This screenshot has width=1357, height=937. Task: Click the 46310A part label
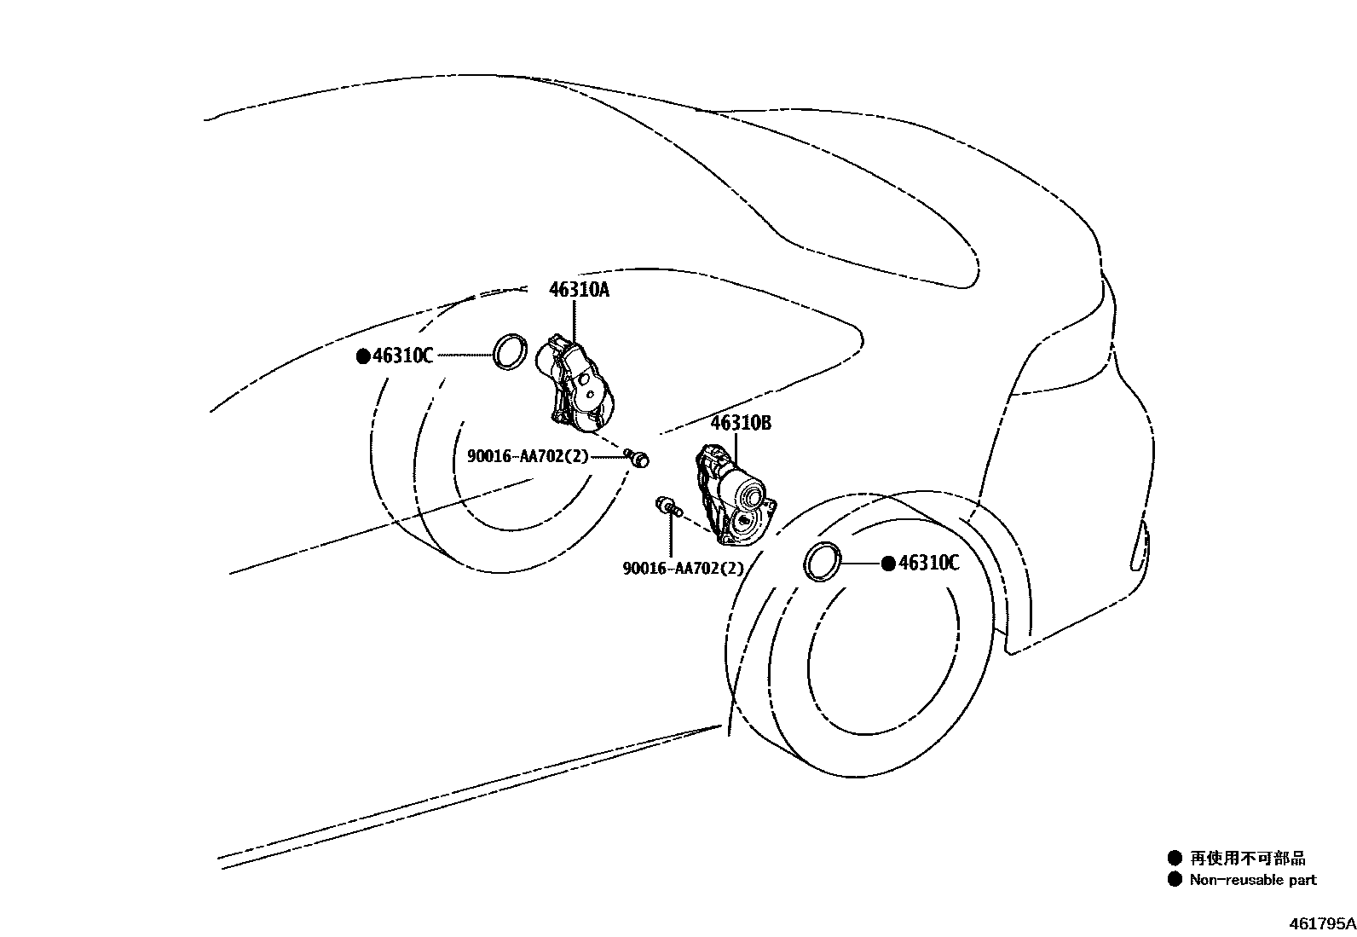[579, 290]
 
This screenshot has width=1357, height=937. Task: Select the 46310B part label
[741, 423]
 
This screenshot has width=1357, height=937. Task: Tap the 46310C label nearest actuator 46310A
[402, 356]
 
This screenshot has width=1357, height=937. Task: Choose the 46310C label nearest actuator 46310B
[928, 563]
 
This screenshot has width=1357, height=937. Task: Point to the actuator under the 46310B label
[734, 495]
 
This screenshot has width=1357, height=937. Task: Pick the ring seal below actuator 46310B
[823, 562]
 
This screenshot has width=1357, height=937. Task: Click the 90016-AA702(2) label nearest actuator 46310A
[528, 456]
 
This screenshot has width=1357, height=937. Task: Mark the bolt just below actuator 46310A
[638, 458]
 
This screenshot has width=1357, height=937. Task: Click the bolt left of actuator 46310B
[666, 506]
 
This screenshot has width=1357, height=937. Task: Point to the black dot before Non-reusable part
[1175, 879]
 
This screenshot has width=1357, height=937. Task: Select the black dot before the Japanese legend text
[1175, 858]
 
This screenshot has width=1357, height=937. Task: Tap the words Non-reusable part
[1252, 880]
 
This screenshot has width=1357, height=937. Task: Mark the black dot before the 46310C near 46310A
[363, 356]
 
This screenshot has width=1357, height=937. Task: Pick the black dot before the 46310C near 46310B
[888, 563]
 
